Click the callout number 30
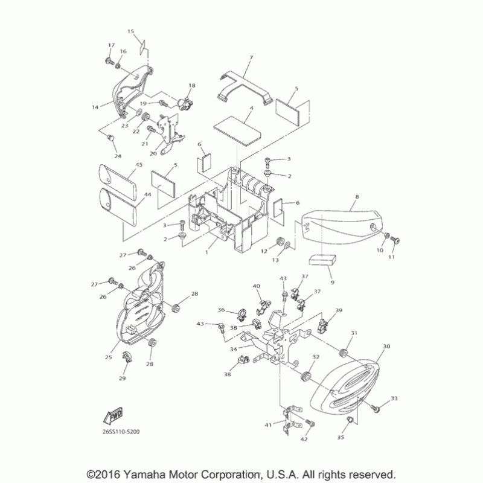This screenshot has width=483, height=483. click(x=386, y=347)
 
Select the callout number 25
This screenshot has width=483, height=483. click(x=109, y=357)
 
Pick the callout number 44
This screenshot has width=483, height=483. click(x=147, y=195)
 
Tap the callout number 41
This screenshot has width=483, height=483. click(x=267, y=425)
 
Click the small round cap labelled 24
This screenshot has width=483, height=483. click(x=111, y=139)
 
